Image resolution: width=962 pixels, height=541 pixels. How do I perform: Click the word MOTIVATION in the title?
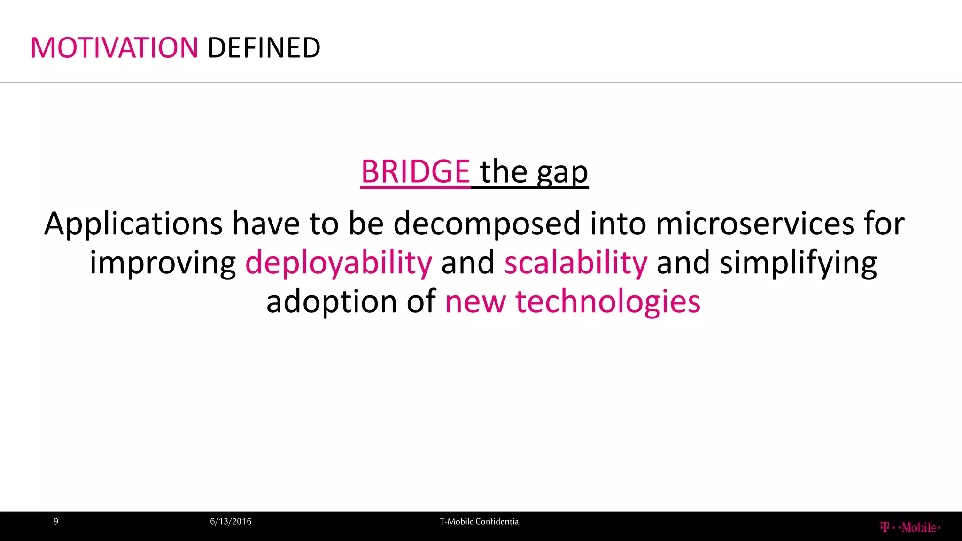[x=114, y=48]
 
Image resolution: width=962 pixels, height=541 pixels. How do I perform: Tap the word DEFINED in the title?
[x=264, y=48]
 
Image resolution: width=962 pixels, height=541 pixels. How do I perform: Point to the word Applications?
[x=133, y=224]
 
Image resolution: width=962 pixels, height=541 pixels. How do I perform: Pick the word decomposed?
[x=487, y=224]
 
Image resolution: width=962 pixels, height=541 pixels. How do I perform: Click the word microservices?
[x=755, y=224]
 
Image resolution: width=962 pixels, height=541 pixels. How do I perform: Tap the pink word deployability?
[x=339, y=263]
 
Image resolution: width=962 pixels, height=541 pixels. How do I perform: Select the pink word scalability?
[x=576, y=263]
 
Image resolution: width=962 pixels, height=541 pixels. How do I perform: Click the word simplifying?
[x=798, y=263]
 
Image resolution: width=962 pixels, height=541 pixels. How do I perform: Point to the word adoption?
[x=332, y=301]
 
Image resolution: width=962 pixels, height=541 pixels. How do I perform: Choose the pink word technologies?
[x=608, y=301]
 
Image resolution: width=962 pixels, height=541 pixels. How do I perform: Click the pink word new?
[x=475, y=301]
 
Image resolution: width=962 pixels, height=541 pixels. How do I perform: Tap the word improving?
[x=163, y=263]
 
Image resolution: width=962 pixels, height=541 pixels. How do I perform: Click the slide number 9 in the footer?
[x=56, y=521]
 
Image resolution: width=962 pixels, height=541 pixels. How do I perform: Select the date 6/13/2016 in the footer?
[x=231, y=521]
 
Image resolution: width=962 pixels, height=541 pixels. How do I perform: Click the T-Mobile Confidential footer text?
[x=480, y=521]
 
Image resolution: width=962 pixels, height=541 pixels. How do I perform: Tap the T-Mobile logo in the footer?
[x=910, y=527]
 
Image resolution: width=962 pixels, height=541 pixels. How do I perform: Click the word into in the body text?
[x=618, y=224]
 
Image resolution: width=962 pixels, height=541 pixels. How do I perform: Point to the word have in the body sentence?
[x=266, y=224]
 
